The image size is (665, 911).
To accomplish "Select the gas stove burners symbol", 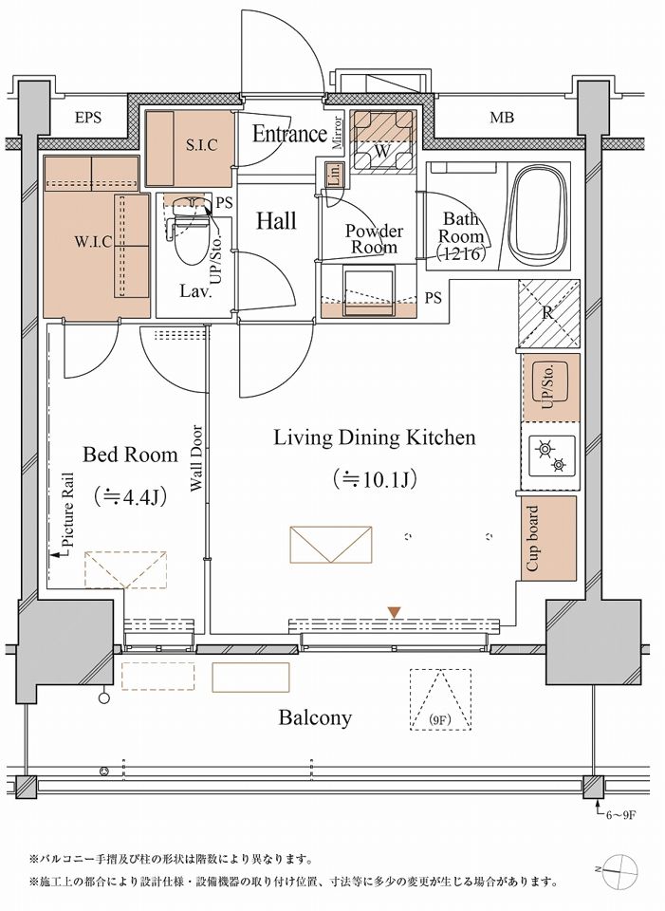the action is (550, 456).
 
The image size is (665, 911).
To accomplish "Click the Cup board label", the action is (532, 538).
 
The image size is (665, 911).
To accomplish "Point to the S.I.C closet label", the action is (202, 144).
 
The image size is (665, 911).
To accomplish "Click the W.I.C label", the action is (94, 241).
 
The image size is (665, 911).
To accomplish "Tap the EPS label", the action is (88, 118).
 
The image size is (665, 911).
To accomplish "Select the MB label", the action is (502, 118).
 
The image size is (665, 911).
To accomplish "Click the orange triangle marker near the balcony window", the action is (395, 612).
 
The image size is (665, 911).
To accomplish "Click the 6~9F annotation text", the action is (622, 815).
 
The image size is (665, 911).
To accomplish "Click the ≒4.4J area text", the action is (131, 496).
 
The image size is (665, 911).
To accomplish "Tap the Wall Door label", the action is (196, 459).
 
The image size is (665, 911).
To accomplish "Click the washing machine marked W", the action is (382, 141).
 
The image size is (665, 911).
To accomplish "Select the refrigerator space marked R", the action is (548, 314).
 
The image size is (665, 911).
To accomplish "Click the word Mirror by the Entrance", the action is (339, 134).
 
